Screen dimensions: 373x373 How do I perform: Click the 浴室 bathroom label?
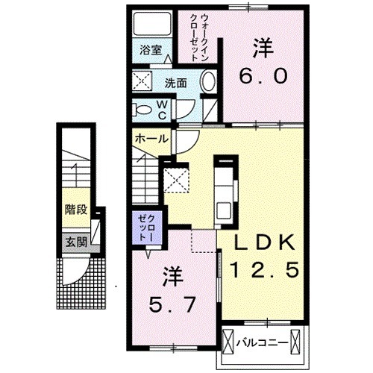click(151, 51)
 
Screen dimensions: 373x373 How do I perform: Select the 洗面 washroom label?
click(175, 83)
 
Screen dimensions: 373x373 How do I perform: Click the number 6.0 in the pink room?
click(260, 75)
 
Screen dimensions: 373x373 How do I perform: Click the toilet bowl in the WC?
click(143, 109)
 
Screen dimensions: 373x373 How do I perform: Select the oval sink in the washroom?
click(210, 82)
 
